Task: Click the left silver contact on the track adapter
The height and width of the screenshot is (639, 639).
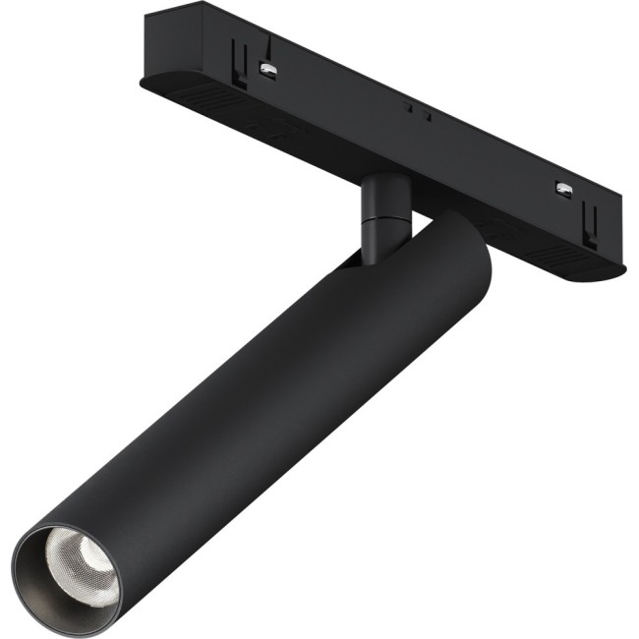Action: coord(266,68)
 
